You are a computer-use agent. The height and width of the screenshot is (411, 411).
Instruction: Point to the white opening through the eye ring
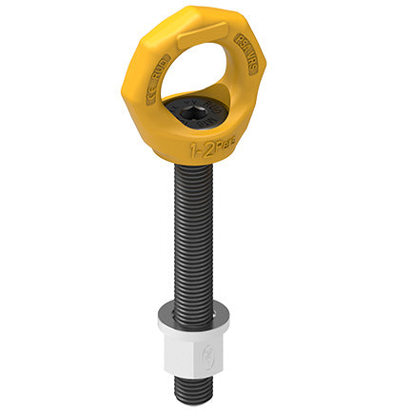(x=200, y=86)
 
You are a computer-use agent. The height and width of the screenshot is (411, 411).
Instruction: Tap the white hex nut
(x=196, y=355)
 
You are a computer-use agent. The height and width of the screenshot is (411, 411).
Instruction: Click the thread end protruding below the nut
(x=196, y=390)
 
